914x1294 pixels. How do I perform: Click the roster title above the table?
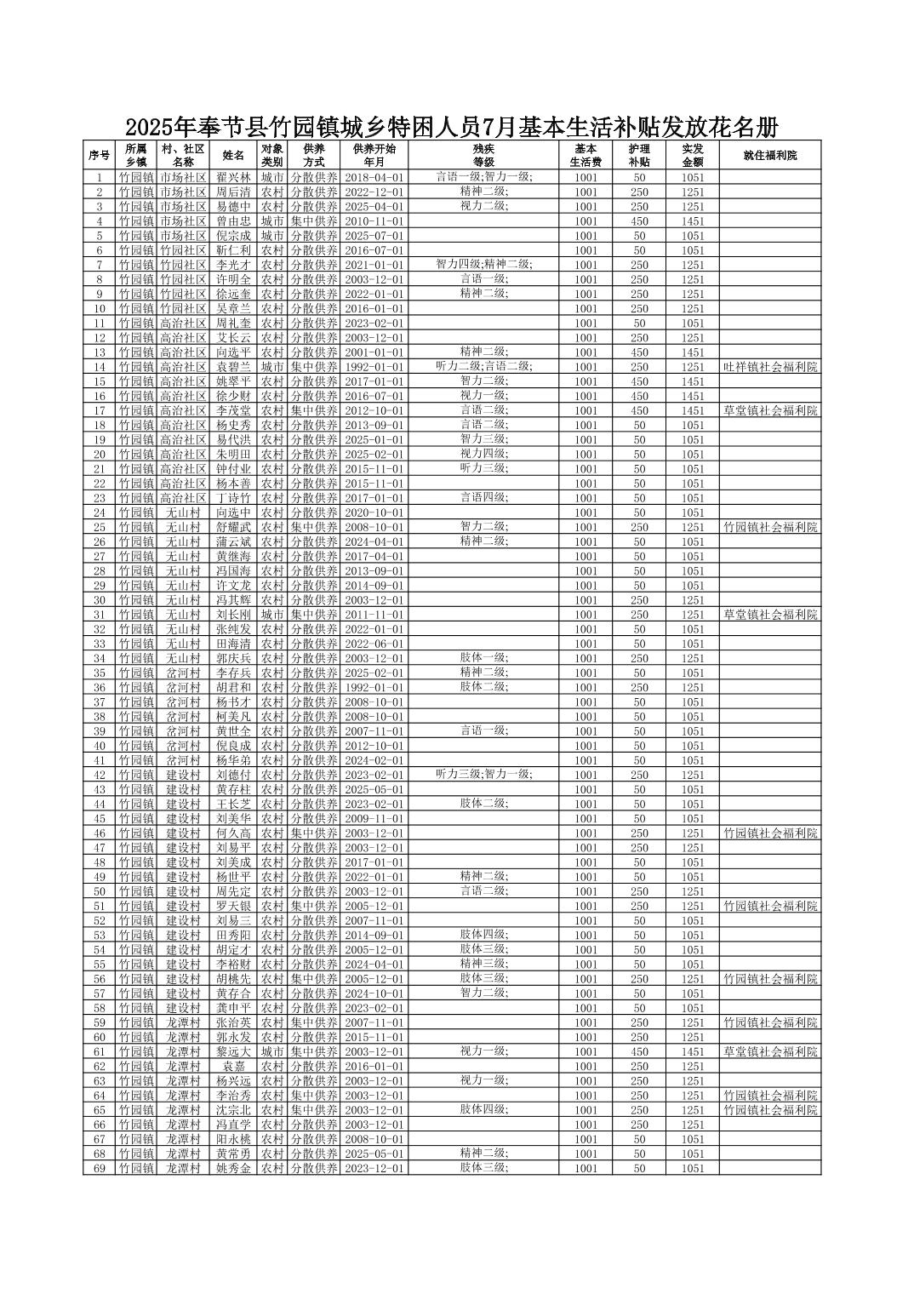(x=451, y=128)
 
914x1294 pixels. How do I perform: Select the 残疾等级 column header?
(x=483, y=155)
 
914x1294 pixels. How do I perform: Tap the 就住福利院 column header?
(x=769, y=155)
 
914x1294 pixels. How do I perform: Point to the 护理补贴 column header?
(x=638, y=155)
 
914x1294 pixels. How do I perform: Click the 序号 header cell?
(x=99, y=155)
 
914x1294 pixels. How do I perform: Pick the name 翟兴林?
(x=233, y=178)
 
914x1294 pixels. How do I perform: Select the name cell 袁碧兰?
(x=233, y=367)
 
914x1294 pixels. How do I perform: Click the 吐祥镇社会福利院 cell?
(x=769, y=367)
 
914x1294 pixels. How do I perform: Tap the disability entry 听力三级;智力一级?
(x=483, y=774)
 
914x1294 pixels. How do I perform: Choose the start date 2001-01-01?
(x=374, y=352)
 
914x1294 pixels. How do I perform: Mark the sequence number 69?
(x=99, y=1168)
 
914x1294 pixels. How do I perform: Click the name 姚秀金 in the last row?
(x=233, y=1168)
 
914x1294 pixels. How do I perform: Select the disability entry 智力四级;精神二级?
(x=483, y=265)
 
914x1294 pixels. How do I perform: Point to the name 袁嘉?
(x=233, y=1066)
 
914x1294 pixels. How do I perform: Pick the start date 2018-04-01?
(x=374, y=178)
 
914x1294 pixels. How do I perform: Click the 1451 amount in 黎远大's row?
(x=692, y=1051)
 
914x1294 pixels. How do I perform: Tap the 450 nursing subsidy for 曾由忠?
(x=638, y=221)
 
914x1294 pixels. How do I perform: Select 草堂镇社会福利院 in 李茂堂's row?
(x=769, y=410)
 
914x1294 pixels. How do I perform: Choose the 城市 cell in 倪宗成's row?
(x=271, y=236)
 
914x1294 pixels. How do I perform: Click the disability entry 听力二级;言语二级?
(x=483, y=366)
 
